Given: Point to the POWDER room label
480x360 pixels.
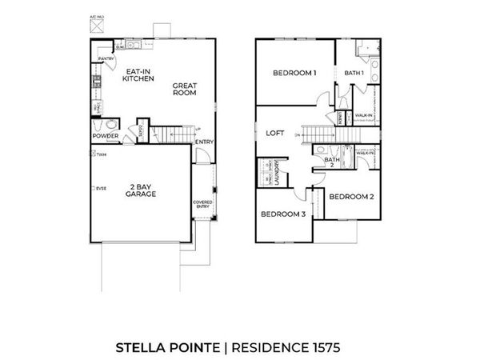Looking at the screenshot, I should coord(106,136).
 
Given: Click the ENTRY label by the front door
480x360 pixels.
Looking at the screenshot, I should coord(204,142).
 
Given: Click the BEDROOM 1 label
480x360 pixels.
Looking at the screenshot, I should coord(294,73).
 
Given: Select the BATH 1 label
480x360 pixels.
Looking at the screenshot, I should coord(354,74).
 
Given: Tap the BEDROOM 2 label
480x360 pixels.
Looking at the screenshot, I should coord(350,196).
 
